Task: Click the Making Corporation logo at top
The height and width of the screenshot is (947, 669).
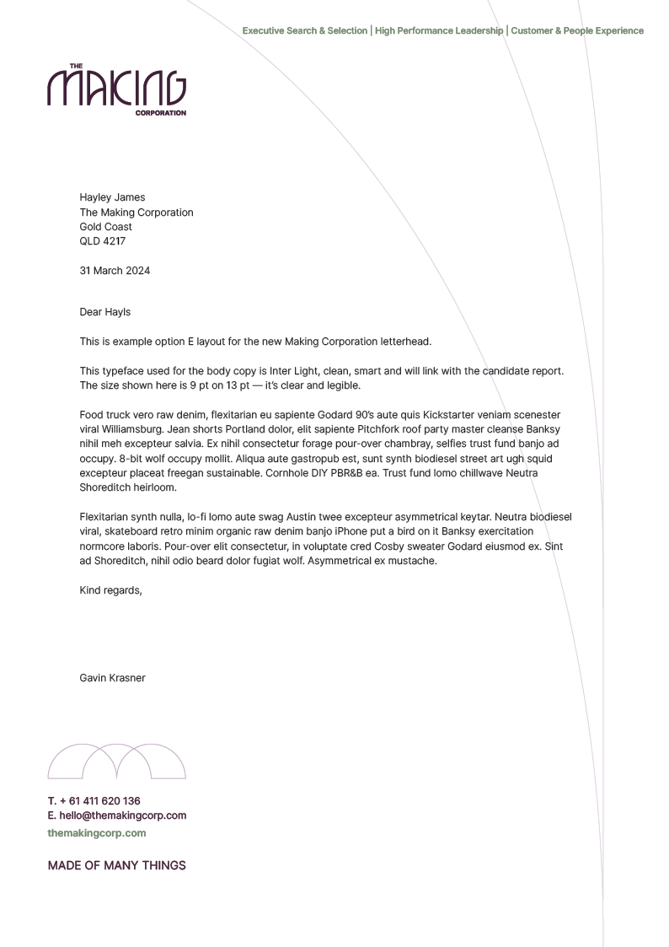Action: pyautogui.click(x=116, y=89)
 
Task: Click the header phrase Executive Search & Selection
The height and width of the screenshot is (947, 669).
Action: pyautogui.click(x=305, y=31)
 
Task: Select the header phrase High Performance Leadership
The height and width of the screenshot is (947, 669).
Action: pyautogui.click(x=439, y=31)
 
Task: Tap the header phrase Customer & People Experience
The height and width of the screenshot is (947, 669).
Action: pyautogui.click(x=577, y=31)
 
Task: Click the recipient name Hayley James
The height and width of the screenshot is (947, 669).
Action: pyautogui.click(x=112, y=197)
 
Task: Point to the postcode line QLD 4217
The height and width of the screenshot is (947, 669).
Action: pyautogui.click(x=102, y=241)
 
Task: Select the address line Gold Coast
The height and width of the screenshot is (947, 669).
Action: pyautogui.click(x=105, y=227)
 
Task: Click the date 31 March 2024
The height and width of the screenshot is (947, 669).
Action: pyautogui.click(x=115, y=271)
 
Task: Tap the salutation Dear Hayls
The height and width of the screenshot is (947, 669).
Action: pyautogui.click(x=105, y=312)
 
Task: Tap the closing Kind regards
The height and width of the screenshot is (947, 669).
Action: pyautogui.click(x=110, y=590)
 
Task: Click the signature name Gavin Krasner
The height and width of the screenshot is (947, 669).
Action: pyautogui.click(x=112, y=678)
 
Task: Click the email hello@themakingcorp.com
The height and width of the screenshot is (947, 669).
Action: pyautogui.click(x=123, y=815)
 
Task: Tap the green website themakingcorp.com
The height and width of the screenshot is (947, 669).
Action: pyautogui.click(x=97, y=833)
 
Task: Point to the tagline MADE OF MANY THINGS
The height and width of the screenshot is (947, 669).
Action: pyautogui.click(x=117, y=865)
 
